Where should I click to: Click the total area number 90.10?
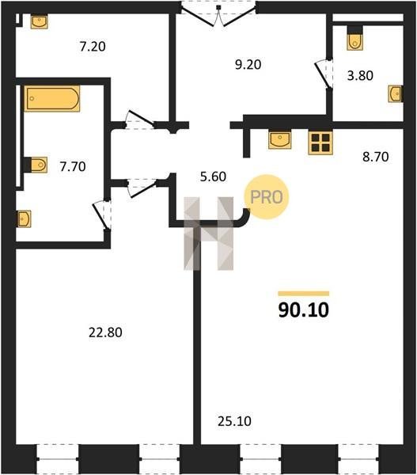[303, 310]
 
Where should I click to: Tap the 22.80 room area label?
[105, 332]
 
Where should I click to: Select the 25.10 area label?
[234, 421]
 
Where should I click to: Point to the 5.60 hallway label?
[213, 177]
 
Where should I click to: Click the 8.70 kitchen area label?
[376, 157]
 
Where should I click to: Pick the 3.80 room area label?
[360, 75]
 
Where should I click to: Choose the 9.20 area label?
[248, 65]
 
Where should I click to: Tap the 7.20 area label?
[93, 47]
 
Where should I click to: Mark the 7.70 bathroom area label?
[73, 166]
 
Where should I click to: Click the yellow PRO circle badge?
[267, 197]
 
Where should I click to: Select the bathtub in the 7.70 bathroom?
[52, 98]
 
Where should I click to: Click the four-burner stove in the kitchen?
[320, 142]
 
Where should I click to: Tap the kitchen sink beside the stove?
[280, 139]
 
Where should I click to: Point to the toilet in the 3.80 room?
[354, 39]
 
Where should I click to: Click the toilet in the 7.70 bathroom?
[36, 165]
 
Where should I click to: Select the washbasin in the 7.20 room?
[40, 21]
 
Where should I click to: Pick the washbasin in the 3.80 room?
[396, 94]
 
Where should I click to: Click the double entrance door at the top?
[218, 14]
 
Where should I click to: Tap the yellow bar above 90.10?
[303, 293]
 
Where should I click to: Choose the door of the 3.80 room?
[323, 74]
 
